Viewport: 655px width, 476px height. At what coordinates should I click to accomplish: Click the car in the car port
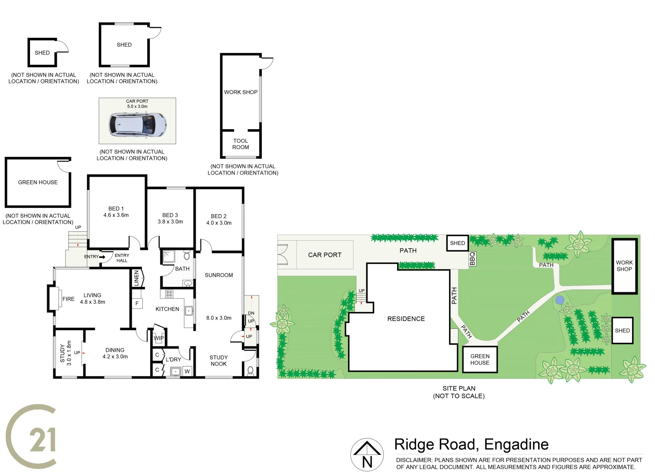point(138,125)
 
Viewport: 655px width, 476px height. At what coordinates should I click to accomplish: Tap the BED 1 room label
point(116,212)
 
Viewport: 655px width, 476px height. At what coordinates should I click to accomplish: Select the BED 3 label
point(170,219)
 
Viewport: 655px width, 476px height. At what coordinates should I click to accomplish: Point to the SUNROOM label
point(219,275)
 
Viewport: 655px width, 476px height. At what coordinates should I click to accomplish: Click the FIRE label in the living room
point(68,299)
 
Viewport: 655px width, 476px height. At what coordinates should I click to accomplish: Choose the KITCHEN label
point(167,309)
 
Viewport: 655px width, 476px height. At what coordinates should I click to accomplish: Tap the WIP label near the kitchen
point(159,338)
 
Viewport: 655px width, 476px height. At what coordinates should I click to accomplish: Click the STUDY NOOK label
point(219,361)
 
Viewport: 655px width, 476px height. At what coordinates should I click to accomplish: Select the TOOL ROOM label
point(241,144)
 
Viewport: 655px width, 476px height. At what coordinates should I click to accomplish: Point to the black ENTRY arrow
point(102,257)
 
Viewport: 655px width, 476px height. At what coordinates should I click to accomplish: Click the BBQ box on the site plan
point(473,259)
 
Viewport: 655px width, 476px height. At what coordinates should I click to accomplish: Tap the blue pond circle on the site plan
point(559,300)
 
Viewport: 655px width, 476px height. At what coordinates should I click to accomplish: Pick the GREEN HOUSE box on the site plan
point(480,360)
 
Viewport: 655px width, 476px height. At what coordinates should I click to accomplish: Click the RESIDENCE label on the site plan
point(406,319)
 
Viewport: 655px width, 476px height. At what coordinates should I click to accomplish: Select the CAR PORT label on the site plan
point(325,255)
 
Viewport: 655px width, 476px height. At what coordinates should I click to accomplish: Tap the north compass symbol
point(367,454)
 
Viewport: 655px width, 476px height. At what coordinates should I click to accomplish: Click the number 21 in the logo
point(42,439)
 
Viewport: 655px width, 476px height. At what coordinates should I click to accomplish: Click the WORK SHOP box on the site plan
point(624,266)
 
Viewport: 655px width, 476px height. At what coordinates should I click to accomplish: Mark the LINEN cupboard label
point(136,278)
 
